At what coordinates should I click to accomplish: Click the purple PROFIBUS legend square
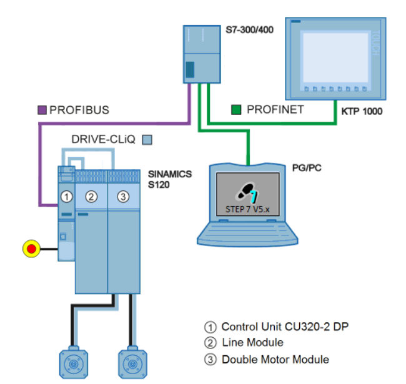click(x=42, y=110)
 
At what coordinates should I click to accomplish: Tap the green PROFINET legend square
click(x=236, y=109)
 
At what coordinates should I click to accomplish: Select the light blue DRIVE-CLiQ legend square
click(x=147, y=139)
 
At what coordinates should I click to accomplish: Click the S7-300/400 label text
click(x=249, y=28)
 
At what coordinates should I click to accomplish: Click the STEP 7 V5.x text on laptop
click(x=246, y=209)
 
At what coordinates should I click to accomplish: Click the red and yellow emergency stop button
click(x=31, y=249)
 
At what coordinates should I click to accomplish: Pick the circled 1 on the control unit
click(x=66, y=197)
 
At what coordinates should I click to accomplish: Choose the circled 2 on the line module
click(x=91, y=197)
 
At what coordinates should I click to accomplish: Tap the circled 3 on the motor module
click(x=123, y=197)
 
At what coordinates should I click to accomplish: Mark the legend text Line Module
click(x=252, y=342)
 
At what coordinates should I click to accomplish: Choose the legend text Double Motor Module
click(x=275, y=359)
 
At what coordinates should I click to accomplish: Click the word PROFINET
click(x=275, y=109)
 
